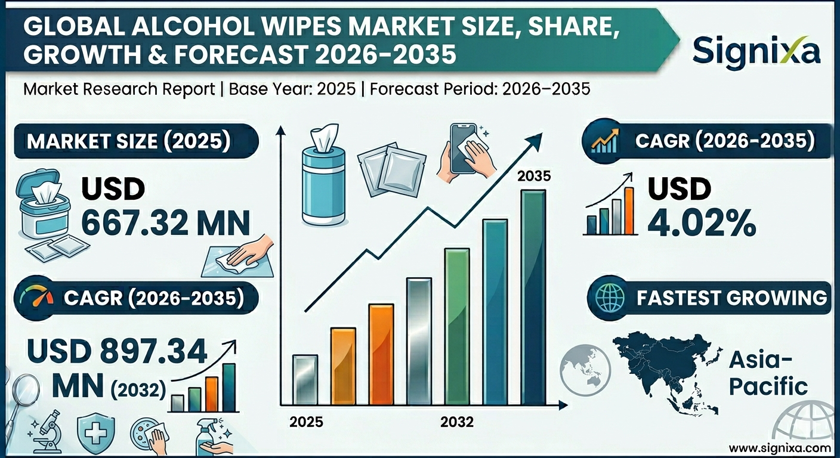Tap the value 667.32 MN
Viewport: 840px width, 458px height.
165,224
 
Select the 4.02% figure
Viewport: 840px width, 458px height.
702,224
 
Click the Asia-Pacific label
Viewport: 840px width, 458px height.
768,373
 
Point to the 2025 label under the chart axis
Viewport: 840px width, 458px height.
306,422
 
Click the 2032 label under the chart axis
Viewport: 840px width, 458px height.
457,422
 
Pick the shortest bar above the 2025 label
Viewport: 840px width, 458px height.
305,379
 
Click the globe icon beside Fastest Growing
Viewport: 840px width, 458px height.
606,297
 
